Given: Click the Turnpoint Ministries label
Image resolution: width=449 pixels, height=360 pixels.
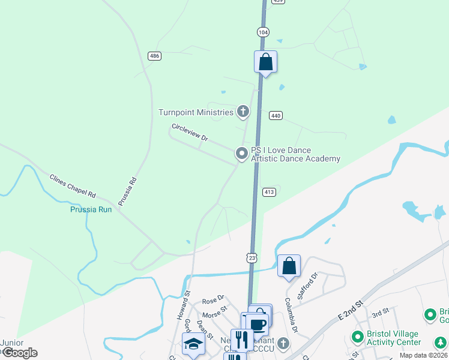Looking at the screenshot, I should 196,112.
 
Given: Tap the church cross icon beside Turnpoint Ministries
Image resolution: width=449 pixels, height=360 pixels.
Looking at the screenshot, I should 243,111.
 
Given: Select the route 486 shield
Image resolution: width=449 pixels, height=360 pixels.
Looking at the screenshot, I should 154,56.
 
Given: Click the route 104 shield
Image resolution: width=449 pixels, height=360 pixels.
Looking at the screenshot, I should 262,32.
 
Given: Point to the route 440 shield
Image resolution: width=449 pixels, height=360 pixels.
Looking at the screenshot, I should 276,115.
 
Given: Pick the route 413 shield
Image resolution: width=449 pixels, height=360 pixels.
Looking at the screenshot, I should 269,192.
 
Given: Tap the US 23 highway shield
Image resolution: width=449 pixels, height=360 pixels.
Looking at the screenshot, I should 253,257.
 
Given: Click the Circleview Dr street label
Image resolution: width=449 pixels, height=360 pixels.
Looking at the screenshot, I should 190,132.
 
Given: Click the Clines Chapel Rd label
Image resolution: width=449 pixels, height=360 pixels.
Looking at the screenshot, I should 73,186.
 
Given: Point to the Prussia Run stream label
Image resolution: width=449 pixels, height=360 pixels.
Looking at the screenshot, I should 91,209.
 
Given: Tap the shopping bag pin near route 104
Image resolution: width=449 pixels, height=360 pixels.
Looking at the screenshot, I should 265,62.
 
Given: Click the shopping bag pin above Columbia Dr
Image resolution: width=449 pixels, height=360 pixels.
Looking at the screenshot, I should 289,265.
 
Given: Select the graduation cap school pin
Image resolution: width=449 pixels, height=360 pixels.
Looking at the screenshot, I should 193,343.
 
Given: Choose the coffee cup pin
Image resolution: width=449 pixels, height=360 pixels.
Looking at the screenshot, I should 257,324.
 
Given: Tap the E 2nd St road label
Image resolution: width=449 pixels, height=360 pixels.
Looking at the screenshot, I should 351,311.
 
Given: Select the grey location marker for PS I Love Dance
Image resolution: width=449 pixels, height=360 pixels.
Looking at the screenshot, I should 242,154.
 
